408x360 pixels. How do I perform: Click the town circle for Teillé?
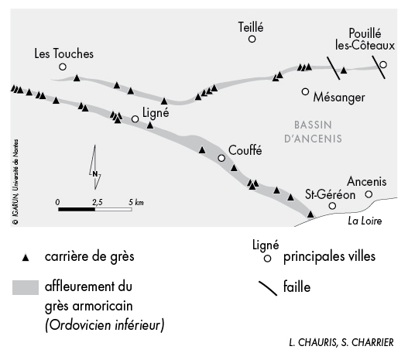(252, 39)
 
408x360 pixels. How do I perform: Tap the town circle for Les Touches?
(63, 67)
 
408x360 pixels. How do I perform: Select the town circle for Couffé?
(221, 158)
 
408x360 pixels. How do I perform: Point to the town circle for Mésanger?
(305, 91)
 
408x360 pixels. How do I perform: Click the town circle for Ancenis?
(369, 194)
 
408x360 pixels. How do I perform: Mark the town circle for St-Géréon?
(332, 206)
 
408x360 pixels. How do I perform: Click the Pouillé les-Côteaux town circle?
(383, 64)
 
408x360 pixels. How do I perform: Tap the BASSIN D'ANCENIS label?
(313, 132)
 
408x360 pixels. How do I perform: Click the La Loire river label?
(365, 221)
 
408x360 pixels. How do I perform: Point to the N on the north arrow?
(95, 174)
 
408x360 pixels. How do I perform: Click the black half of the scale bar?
(77, 209)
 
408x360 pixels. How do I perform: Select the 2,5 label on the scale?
(97, 202)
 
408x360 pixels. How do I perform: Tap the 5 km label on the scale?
(136, 202)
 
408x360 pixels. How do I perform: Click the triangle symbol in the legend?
(26, 258)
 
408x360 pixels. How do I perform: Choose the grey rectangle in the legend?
(26, 287)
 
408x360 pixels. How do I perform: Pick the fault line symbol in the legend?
(268, 289)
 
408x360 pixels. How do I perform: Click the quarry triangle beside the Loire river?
(310, 214)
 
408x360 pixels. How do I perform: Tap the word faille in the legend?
(297, 287)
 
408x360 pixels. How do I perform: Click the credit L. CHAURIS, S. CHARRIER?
(341, 342)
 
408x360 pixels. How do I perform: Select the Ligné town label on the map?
(156, 113)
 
